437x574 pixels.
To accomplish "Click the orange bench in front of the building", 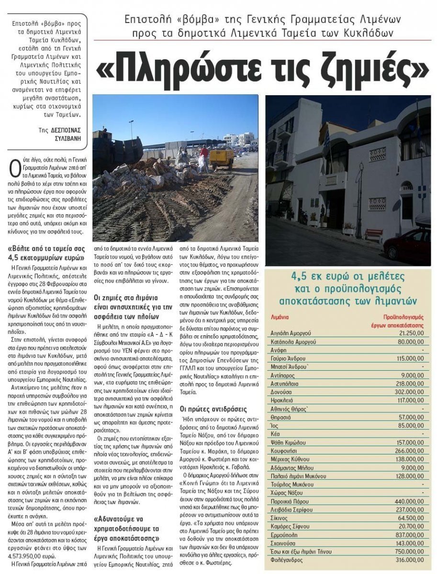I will coord(373,234).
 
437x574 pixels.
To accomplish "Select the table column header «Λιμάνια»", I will coord(279,317).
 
